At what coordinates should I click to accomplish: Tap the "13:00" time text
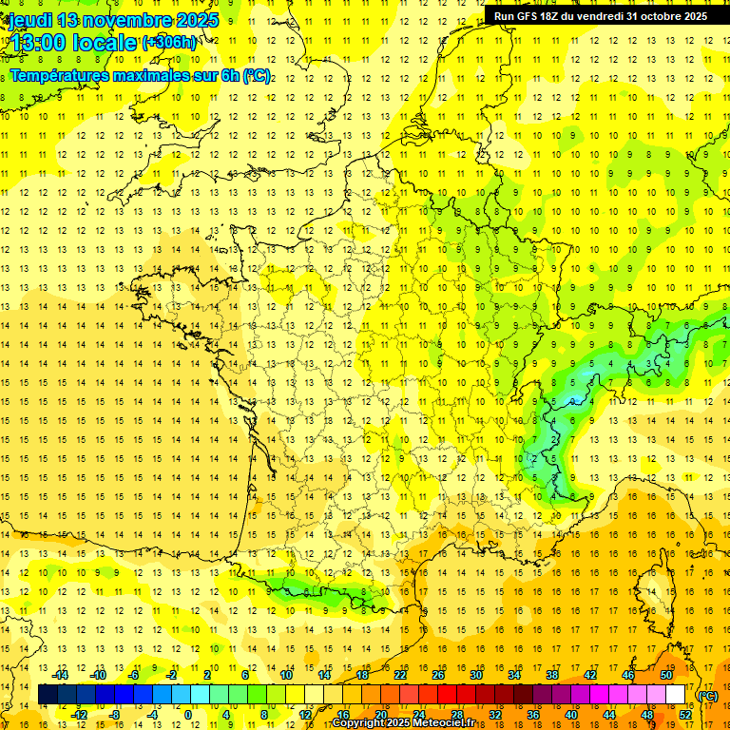tap(37, 43)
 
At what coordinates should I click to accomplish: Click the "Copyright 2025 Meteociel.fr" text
tap(404, 723)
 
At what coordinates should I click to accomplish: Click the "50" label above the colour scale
tap(666, 675)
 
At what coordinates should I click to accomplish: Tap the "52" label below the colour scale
tap(684, 714)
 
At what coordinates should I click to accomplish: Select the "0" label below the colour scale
tap(188, 714)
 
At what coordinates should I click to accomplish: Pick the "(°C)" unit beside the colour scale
tap(708, 696)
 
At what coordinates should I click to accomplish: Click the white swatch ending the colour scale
tap(676, 695)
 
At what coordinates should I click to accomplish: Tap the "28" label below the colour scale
tap(456, 714)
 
